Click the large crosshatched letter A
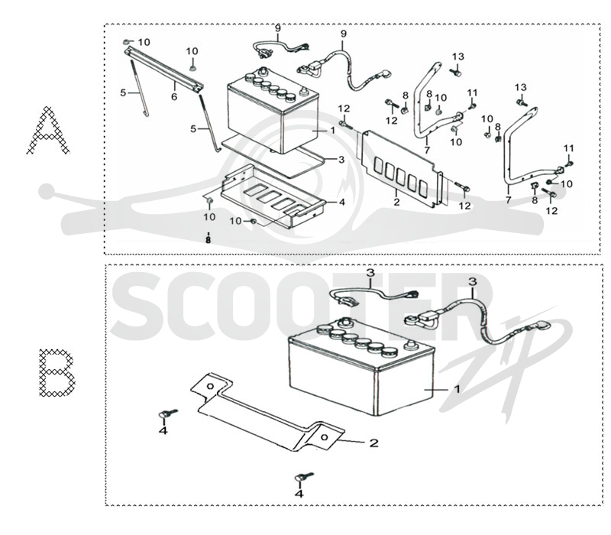tap(48, 130)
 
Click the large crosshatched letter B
tap(57, 373)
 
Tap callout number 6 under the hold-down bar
tap(174, 96)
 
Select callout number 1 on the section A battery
tap(332, 130)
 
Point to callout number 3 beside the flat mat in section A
tap(341, 160)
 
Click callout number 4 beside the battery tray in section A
tap(341, 202)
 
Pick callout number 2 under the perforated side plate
tap(396, 202)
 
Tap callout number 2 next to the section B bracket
tap(373, 443)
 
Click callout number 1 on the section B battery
tap(457, 389)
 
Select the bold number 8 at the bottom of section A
tap(208, 240)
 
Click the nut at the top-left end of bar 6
tap(126, 41)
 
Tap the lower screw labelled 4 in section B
tap(304, 476)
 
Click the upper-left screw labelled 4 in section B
tap(168, 413)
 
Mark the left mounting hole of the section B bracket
tap(210, 386)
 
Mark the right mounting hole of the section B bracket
tap(324, 437)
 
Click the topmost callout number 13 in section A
tap(458, 57)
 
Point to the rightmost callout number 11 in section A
tap(568, 148)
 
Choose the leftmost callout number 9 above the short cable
tap(277, 28)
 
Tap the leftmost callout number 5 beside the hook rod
tap(123, 92)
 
